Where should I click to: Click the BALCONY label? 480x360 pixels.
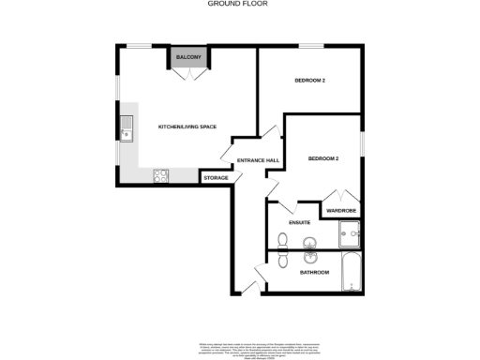point(189,58)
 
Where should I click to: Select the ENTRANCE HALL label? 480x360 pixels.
point(258,160)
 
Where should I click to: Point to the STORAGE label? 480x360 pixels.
point(216,177)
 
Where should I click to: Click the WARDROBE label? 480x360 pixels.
point(340,211)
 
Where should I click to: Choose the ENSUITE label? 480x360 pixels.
point(300,223)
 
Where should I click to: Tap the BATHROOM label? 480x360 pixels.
point(314,273)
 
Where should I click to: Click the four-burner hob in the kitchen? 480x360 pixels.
point(159,173)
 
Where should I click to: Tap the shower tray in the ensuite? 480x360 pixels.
point(350,230)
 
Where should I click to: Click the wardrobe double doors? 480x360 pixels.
point(340,196)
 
